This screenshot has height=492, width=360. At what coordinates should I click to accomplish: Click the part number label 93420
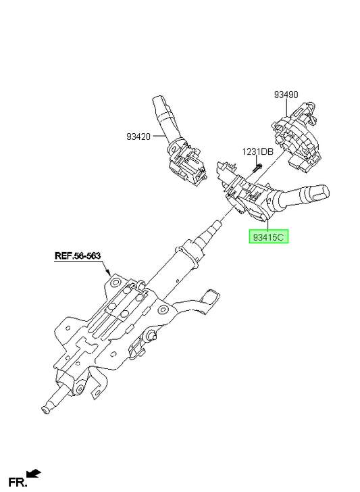pos(138,137)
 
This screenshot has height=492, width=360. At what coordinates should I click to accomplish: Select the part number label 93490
pos(286,95)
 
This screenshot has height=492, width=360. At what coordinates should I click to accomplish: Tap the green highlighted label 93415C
pos(268,237)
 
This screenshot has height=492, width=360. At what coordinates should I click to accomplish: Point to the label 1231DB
pos(257,152)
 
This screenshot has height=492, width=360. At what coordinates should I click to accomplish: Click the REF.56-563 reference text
pos(78,255)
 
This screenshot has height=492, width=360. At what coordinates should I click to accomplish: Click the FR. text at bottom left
pos(18,482)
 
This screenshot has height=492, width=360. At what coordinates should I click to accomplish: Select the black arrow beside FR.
pos(34,473)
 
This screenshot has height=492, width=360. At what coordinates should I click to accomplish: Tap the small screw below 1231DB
pos(257,168)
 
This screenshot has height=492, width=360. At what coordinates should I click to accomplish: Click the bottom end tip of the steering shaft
pos(45,410)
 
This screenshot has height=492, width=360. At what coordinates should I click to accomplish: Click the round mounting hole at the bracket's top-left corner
pos(115,282)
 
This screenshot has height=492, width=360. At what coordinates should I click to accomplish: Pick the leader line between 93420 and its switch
pos(159,137)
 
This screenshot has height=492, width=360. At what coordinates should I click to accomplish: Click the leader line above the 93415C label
pos(267,224)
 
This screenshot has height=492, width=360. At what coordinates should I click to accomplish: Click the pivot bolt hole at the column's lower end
pos(79,389)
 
